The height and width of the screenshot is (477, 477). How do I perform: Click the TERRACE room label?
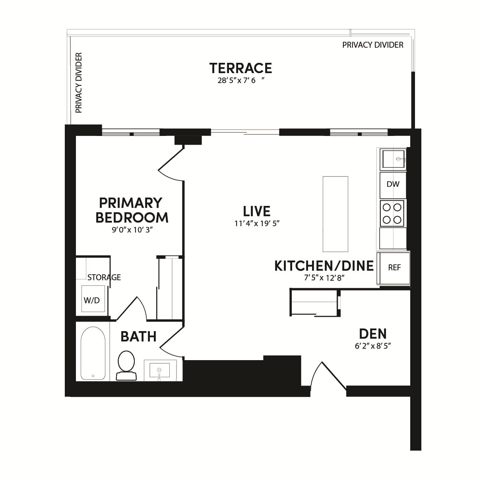tap(240, 68)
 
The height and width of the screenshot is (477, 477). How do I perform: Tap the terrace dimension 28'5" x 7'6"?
tap(240, 81)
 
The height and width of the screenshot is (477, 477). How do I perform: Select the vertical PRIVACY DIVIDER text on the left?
tap(79, 83)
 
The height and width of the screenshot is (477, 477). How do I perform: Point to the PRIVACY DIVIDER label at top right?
tap(372, 45)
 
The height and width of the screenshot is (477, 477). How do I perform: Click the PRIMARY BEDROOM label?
tap(132, 210)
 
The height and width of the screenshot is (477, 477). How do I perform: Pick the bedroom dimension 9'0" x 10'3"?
tap(132, 230)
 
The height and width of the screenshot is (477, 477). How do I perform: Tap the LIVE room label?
tap(257, 211)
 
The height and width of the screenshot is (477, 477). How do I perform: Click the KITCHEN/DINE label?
tap(324, 266)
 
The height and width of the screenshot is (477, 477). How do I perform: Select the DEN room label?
tap(372, 334)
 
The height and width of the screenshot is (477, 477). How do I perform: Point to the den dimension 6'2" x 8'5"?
tap(372, 346)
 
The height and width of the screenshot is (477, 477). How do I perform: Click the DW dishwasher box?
tap(393, 184)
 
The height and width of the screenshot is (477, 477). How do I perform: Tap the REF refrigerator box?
tap(394, 268)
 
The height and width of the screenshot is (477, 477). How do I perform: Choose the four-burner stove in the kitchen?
tap(392, 213)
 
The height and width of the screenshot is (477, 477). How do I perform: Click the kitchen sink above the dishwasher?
tap(393, 159)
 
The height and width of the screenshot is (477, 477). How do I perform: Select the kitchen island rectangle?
tap(335, 214)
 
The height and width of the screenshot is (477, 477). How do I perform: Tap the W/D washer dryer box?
tap(92, 301)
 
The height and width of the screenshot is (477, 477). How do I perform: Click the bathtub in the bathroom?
tap(93, 353)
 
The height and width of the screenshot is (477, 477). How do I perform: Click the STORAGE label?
tap(104, 277)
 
